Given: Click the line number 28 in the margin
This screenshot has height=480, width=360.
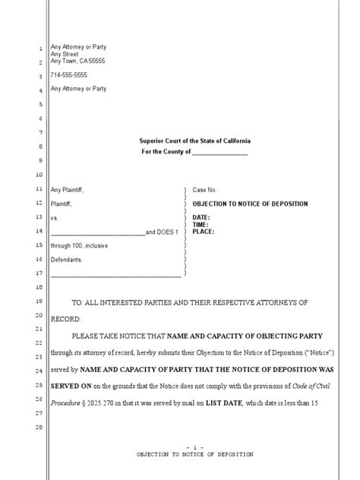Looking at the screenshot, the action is click(39, 428).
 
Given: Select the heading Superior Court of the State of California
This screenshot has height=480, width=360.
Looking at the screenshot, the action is click(194, 142).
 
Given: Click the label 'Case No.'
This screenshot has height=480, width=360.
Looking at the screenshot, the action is click(205, 188).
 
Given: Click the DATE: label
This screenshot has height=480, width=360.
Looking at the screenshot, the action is click(201, 217).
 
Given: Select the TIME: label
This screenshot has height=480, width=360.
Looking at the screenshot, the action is click(201, 225).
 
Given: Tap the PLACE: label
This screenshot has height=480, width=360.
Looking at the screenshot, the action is click(203, 232).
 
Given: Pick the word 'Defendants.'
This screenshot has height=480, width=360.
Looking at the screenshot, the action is click(66, 260).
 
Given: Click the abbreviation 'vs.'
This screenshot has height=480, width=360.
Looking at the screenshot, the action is click(54, 217).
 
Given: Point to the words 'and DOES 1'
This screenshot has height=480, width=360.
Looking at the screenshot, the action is click(161, 232).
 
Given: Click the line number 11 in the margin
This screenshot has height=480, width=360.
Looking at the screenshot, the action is click(39, 188).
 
